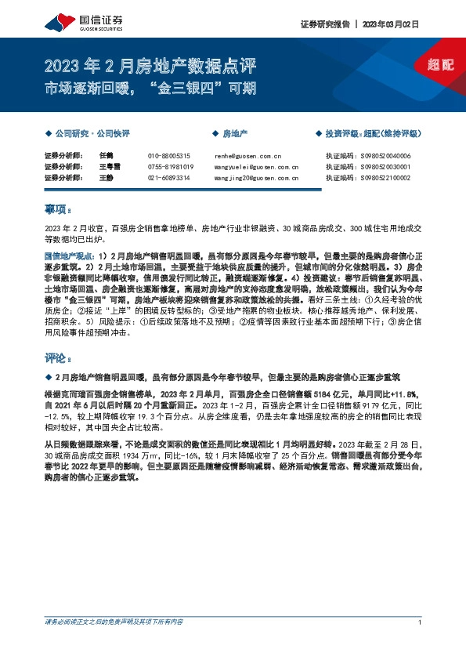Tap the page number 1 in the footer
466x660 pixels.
click(x=421, y=622)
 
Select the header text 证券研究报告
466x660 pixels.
click(x=323, y=24)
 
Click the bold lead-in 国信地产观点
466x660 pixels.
click(x=67, y=256)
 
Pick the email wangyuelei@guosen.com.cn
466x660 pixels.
click(x=256, y=167)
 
